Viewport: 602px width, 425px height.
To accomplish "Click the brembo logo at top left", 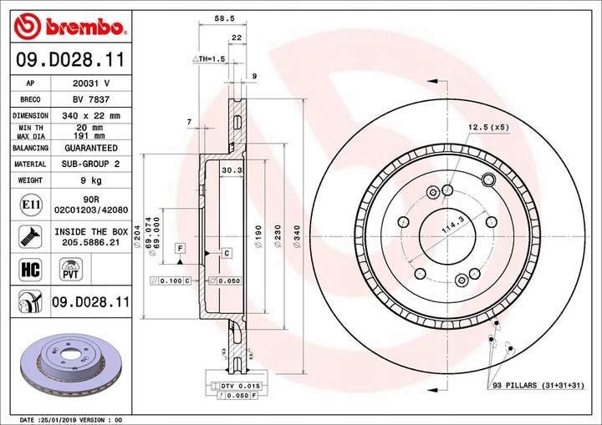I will [x=70, y=27].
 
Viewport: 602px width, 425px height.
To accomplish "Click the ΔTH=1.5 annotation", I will [x=210, y=59].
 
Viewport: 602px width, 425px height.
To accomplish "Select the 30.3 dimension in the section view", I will [x=231, y=170].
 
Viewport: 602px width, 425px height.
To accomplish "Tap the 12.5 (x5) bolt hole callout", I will [x=488, y=126].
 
